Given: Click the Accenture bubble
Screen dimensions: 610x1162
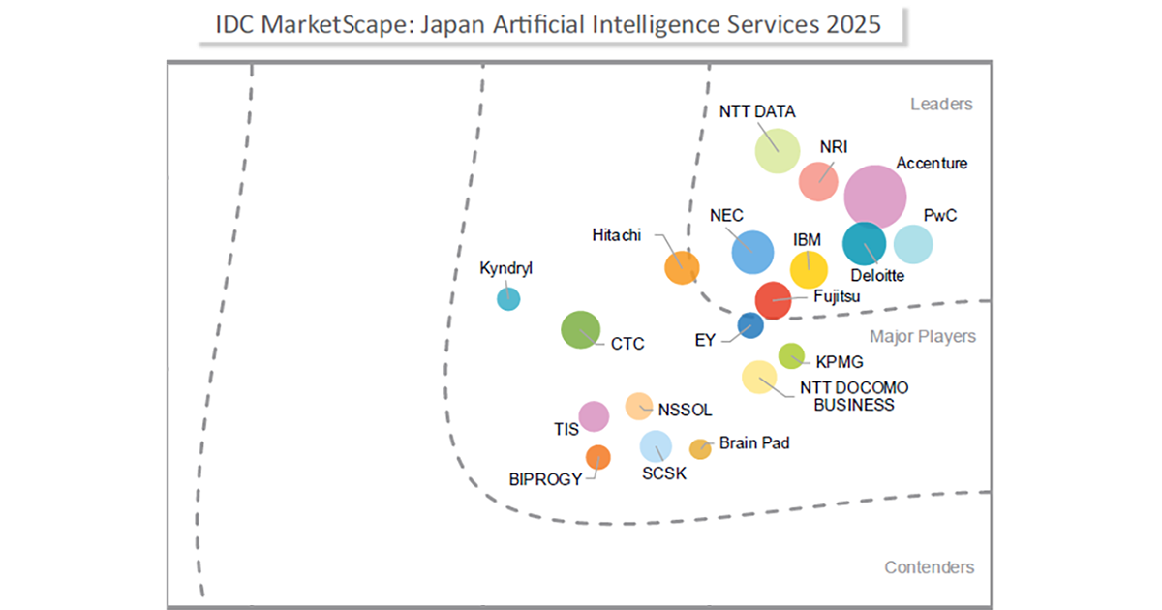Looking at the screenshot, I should [875, 196].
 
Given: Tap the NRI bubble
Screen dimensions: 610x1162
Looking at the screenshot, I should [818, 180].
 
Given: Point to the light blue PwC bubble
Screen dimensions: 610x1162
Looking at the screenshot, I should [912, 244].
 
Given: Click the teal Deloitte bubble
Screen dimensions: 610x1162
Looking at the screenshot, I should [864, 243].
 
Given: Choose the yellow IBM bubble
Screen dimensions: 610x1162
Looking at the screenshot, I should [809, 270].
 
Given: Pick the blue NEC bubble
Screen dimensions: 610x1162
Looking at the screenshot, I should [752, 252].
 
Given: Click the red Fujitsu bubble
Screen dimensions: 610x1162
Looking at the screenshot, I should [773, 300].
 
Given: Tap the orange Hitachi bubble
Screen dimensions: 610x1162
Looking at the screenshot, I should [682, 267].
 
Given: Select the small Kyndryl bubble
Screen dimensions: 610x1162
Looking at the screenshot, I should [507, 298].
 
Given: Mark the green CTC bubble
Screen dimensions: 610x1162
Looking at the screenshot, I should [580, 330].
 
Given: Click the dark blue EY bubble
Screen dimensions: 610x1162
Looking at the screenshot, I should [749, 325].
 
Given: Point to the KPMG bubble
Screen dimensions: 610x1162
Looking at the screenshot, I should [791, 355].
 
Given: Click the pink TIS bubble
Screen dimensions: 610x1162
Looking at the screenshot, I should [594, 416].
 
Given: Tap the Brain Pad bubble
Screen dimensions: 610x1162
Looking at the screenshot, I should [699, 448].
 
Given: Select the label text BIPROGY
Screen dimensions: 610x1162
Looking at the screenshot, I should [545, 479].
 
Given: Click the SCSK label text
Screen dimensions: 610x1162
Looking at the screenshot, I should [663, 473].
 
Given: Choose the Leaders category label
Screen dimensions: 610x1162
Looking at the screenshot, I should [941, 105].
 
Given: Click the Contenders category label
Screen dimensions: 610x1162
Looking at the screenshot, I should [929, 567].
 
